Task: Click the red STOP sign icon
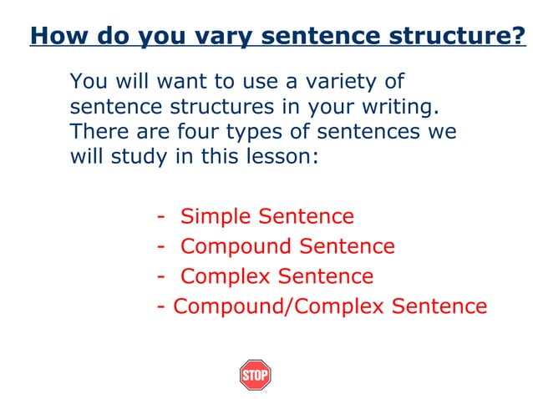point(255,375)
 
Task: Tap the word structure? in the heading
point(452,37)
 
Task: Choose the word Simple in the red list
point(216,217)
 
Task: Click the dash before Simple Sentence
point(160,218)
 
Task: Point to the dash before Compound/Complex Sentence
point(160,307)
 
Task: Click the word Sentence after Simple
point(307,217)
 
